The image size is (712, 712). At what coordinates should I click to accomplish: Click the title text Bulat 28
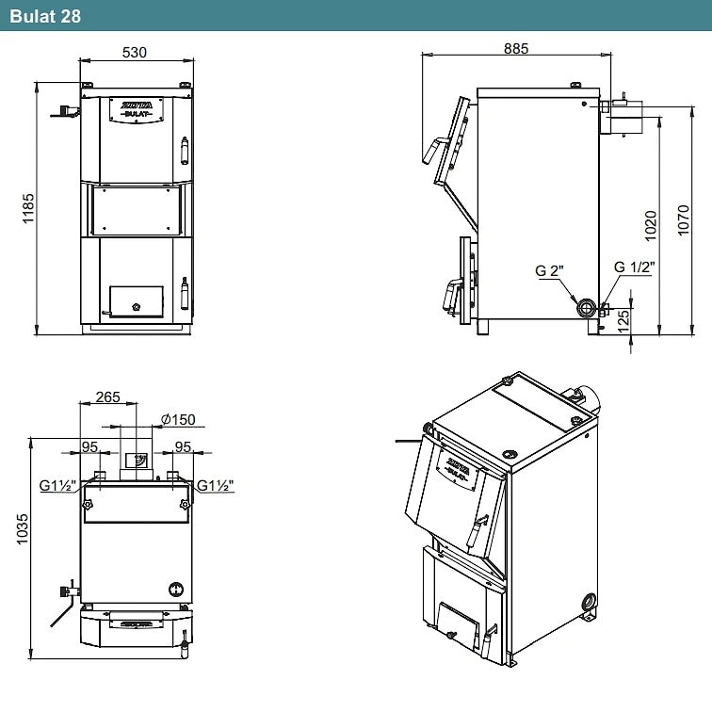pyautogui.click(x=45, y=16)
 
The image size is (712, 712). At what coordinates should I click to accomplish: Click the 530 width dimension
pyautogui.click(x=135, y=52)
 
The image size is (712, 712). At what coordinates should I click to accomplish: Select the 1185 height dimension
pyautogui.click(x=28, y=208)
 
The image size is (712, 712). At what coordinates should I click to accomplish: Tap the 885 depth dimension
pyautogui.click(x=516, y=48)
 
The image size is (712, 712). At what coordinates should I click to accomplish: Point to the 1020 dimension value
pyautogui.click(x=650, y=226)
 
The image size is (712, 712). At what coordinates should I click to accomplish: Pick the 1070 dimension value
pyautogui.click(x=683, y=220)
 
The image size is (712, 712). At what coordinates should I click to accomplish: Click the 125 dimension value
pyautogui.click(x=623, y=320)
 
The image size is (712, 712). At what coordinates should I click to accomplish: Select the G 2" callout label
pyautogui.click(x=549, y=270)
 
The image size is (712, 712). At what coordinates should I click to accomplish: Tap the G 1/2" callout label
pyautogui.click(x=635, y=267)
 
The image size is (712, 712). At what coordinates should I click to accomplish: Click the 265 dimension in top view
pyautogui.click(x=107, y=396)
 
